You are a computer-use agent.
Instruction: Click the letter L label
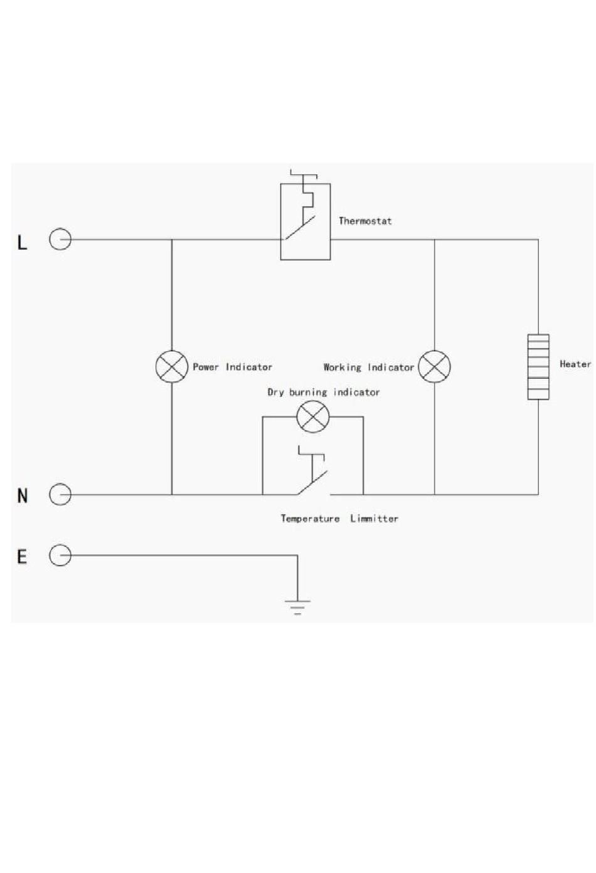tap(22, 243)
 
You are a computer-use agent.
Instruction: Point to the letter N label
tap(23, 495)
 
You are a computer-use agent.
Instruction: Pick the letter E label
tap(22, 556)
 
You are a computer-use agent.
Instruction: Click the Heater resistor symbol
tap(538, 367)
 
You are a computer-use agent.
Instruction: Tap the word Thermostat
tap(365, 221)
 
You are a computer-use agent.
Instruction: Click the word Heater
tap(575, 364)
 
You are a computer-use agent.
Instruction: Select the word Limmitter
tap(374, 519)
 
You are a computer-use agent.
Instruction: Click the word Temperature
tap(311, 519)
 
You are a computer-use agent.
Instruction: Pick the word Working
tap(343, 368)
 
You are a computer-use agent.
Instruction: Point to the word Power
tap(206, 367)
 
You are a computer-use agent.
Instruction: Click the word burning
tap(308, 393)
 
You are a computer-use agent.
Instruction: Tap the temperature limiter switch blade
tap(312, 484)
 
